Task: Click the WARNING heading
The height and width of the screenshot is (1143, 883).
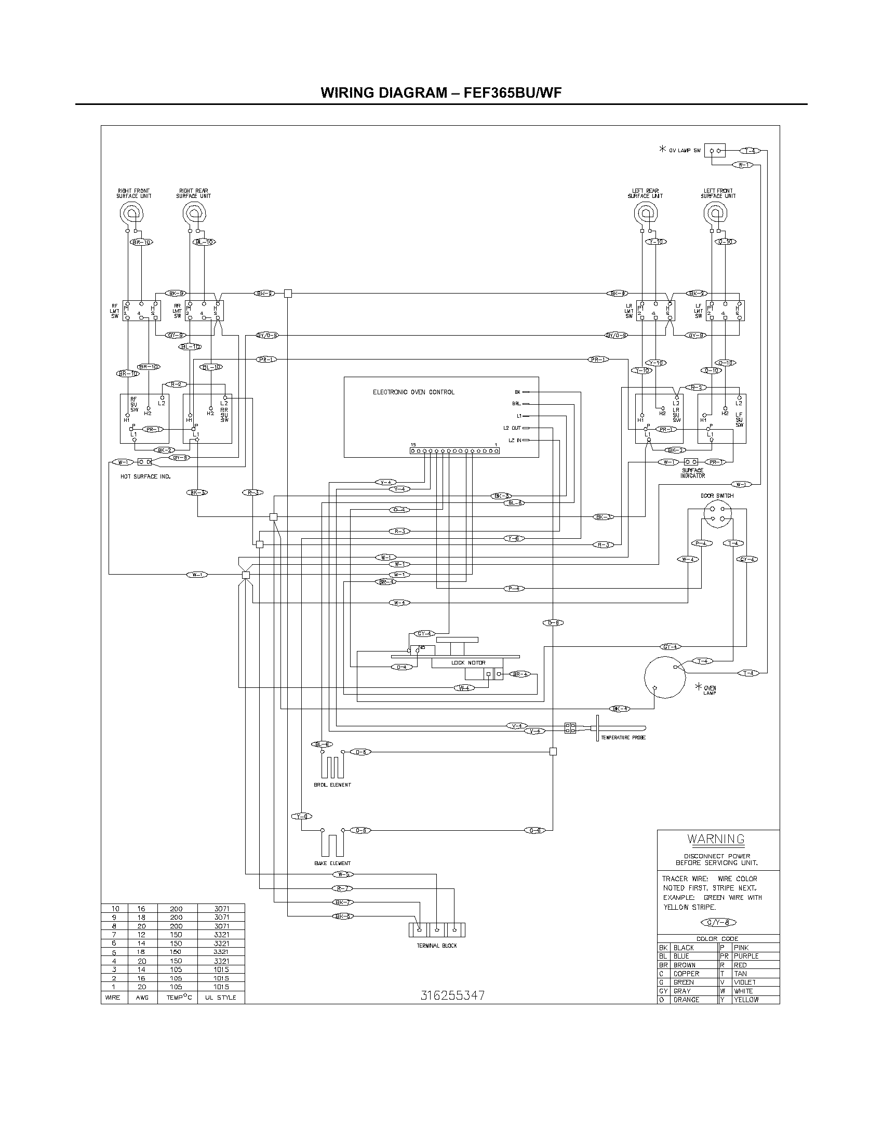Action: (716, 839)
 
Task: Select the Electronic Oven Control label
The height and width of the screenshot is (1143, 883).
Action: (413, 392)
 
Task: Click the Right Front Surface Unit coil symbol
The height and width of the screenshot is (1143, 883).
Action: (131, 212)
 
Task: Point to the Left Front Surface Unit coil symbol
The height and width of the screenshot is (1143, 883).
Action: (715, 212)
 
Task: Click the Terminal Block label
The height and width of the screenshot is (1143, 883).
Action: (437, 946)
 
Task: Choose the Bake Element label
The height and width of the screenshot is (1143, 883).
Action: (332, 863)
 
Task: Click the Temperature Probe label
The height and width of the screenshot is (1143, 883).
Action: (623, 737)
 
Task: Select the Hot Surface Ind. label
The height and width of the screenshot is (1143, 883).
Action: (145, 476)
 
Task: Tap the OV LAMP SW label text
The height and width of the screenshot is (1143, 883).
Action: (685, 150)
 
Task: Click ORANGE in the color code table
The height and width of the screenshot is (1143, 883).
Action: (686, 1000)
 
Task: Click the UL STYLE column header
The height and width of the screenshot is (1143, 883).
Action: (220, 998)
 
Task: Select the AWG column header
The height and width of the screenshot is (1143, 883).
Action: (142, 998)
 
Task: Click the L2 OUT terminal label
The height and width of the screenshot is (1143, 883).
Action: (512, 428)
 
